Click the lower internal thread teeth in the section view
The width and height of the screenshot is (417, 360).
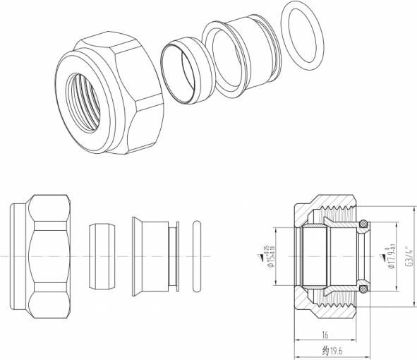click(x=339, y=300)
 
